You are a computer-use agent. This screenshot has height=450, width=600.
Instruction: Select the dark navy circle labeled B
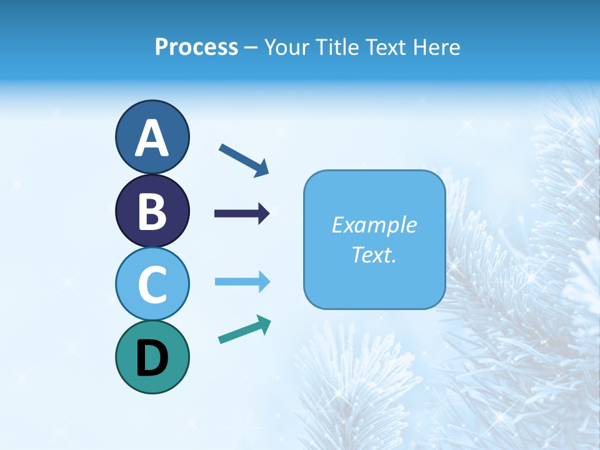(152, 211)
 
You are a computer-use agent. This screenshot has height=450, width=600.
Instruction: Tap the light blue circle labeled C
(152, 284)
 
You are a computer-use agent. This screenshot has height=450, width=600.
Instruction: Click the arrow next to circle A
(244, 159)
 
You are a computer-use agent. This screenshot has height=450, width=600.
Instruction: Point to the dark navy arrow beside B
(242, 214)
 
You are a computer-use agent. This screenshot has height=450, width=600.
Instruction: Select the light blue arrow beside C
(242, 282)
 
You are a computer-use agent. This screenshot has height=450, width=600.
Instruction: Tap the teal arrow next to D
(244, 330)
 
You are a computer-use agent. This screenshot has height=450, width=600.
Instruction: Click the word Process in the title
(196, 47)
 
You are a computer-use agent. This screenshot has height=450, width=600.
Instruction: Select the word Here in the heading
(437, 47)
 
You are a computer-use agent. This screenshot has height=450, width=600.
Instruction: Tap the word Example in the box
(374, 225)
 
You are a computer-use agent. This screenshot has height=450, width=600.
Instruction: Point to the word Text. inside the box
(374, 254)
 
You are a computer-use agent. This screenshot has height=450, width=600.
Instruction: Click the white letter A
(152, 138)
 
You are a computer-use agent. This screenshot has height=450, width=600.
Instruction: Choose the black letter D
(152, 358)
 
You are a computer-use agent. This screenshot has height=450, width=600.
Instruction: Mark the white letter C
(152, 284)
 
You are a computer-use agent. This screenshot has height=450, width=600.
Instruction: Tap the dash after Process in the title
(251, 48)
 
